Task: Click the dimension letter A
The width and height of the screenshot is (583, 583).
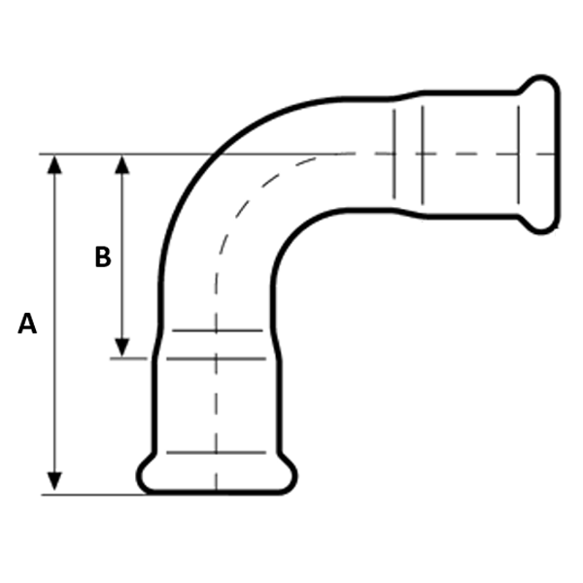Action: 27,324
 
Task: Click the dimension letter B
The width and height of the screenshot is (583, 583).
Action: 103,257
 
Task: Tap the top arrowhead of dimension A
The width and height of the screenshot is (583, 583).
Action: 54,164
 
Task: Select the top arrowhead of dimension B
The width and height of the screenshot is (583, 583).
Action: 122,164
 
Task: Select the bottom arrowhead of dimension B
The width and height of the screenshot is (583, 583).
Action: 122,348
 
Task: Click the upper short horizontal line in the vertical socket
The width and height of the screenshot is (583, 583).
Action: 218,330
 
